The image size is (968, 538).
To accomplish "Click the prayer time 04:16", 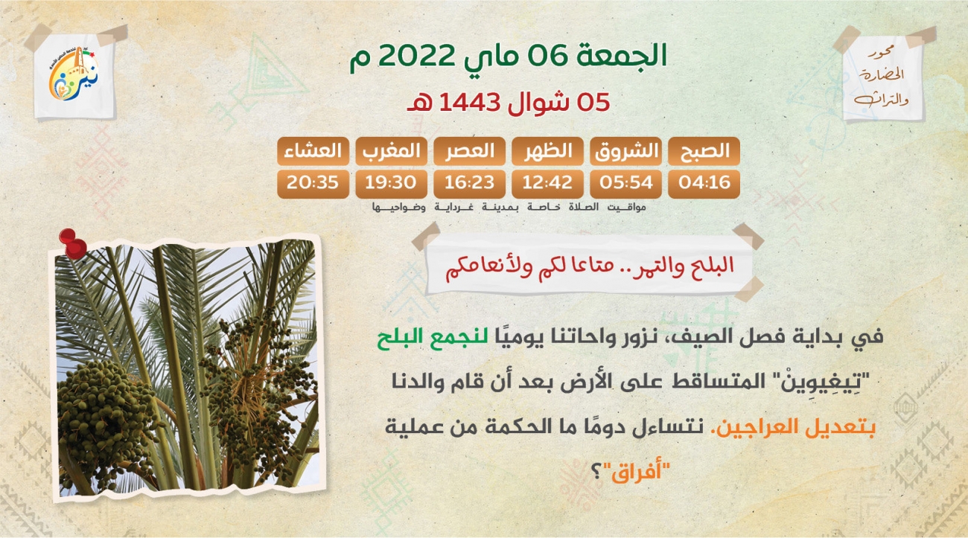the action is pos(704,183).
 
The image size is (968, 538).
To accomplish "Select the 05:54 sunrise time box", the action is pos(625,184).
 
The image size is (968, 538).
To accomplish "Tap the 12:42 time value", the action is pos(547,183).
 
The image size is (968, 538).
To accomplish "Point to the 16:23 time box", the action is pos(470,184).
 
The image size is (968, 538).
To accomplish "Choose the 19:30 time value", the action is pos(391,183).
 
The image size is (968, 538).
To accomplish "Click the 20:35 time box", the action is pos(313,184).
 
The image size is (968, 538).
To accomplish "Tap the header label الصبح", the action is pos(704,151).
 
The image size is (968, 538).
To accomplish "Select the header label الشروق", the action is pos(626,151).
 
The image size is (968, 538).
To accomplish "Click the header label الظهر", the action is pos(548,151).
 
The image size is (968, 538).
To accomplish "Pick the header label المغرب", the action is pos(392,151).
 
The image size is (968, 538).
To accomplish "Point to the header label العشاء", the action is pos(313,151).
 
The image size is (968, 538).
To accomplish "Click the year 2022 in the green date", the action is pos(416,56).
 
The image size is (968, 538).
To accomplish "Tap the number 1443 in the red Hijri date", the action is pos(470,103).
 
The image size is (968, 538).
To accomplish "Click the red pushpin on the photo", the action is pos(72,243).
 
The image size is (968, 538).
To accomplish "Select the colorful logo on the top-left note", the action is pos(74,74).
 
